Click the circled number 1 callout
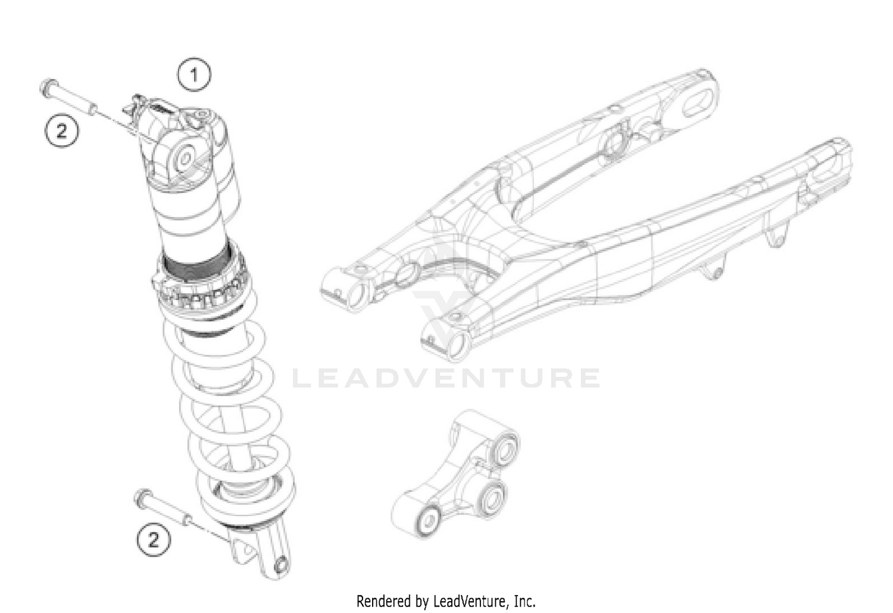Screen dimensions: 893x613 click(193, 75)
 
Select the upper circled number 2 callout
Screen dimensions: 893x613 click(63, 130)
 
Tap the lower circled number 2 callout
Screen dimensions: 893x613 click(154, 540)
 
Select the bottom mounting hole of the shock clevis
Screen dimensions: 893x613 click(282, 564)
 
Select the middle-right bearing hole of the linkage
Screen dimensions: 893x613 click(492, 496)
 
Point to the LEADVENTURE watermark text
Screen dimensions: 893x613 click(447, 379)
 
